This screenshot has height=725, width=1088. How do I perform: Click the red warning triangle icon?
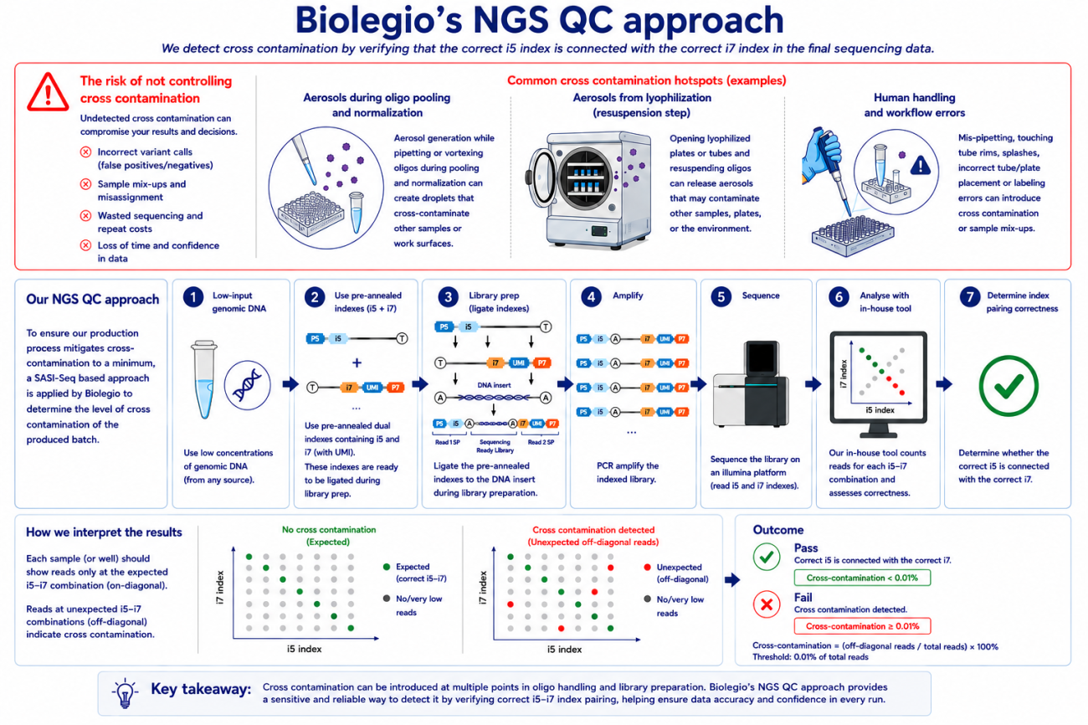click(x=48, y=92)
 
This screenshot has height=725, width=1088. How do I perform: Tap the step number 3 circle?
click(x=448, y=297)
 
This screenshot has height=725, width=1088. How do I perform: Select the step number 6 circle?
click(x=839, y=297)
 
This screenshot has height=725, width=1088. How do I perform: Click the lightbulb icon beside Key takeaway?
click(x=125, y=693)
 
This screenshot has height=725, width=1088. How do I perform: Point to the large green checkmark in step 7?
click(x=1008, y=386)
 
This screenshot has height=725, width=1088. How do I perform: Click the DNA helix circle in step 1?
click(x=247, y=385)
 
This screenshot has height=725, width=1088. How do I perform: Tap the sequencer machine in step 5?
click(x=751, y=384)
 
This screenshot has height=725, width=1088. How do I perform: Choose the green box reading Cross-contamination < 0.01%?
click(x=862, y=578)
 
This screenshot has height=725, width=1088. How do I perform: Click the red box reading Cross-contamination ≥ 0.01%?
click(x=862, y=626)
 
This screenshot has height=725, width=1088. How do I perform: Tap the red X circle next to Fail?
click(x=767, y=604)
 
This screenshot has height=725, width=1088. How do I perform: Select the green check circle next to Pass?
click(x=767, y=557)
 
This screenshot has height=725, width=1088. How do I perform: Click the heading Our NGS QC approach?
click(x=92, y=300)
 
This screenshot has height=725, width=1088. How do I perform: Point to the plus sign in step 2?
click(x=357, y=362)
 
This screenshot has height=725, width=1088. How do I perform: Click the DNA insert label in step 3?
click(x=494, y=385)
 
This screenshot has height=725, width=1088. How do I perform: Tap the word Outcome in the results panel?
click(x=778, y=530)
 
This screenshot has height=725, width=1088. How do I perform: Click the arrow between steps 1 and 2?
click(x=290, y=384)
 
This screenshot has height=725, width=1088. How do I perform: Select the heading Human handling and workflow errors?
click(x=914, y=105)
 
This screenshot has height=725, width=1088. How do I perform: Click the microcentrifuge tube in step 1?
click(x=204, y=379)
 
